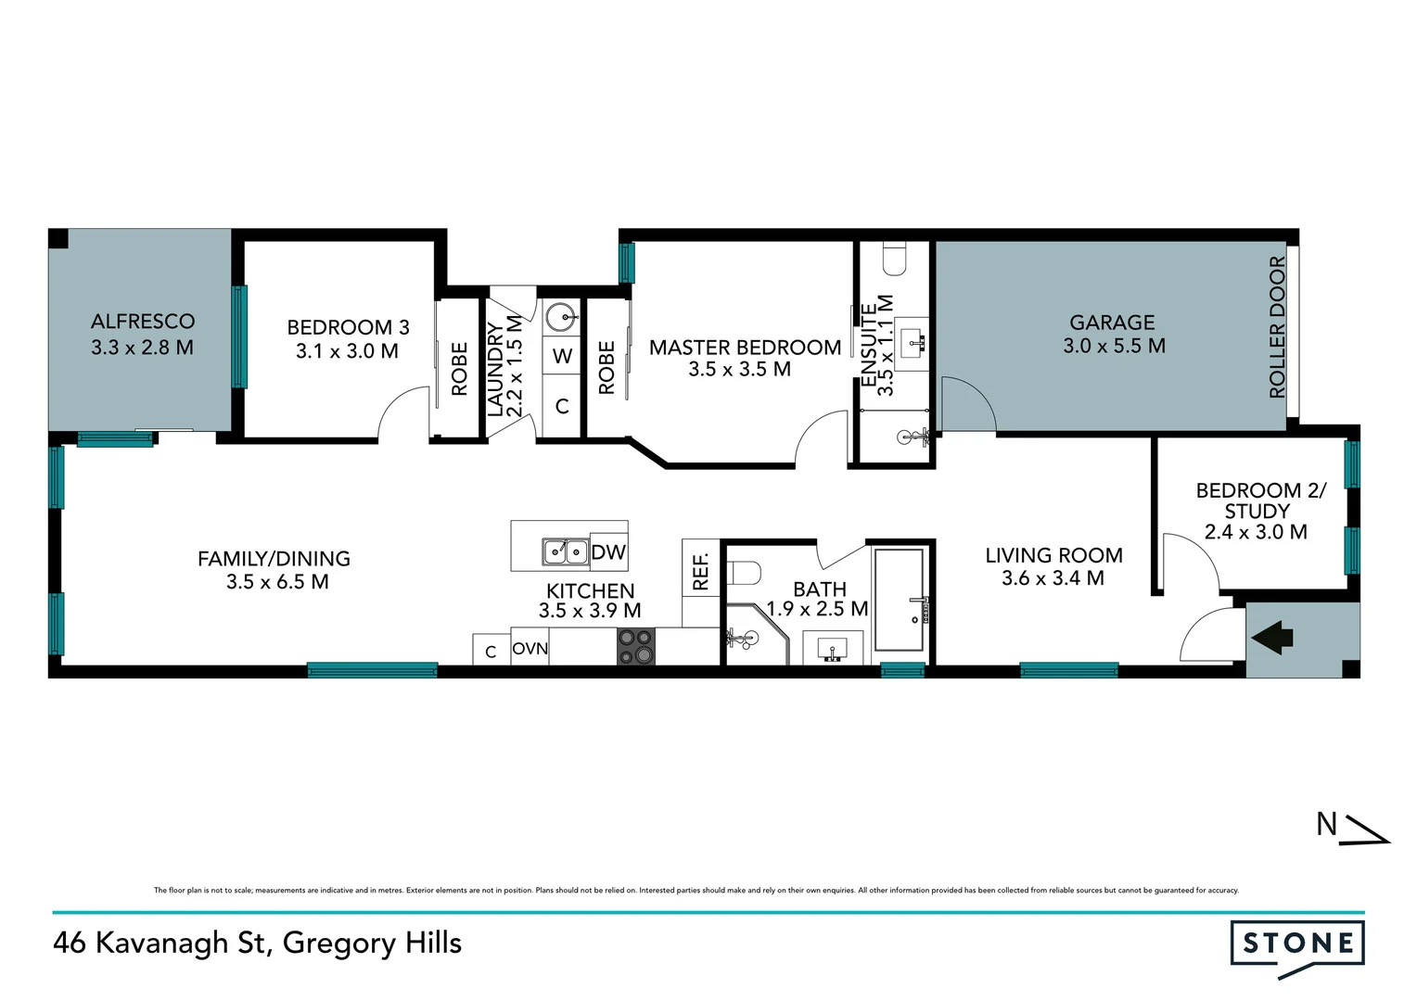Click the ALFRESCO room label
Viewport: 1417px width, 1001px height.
(143, 322)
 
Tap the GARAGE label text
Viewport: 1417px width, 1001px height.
(1112, 323)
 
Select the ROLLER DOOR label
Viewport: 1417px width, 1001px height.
(1277, 327)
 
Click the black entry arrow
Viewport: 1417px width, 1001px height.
(1272, 638)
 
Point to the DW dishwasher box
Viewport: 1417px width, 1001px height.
(608, 552)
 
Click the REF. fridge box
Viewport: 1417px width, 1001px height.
(700, 571)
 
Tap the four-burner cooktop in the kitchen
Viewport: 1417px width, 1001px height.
(636, 647)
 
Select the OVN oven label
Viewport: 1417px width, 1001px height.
(530, 649)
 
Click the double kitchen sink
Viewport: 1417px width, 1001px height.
(566, 552)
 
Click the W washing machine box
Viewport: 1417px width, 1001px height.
(562, 356)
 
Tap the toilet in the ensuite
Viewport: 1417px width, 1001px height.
(894, 260)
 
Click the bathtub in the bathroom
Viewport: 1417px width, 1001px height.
(900, 600)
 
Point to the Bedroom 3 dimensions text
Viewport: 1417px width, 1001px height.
(347, 351)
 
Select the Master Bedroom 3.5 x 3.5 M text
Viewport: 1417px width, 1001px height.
(739, 369)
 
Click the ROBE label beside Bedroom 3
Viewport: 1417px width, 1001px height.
(459, 369)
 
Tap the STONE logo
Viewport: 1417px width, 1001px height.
(1297, 944)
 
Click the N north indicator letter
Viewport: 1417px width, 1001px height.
(1327, 824)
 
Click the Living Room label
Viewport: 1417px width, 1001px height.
(1053, 555)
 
